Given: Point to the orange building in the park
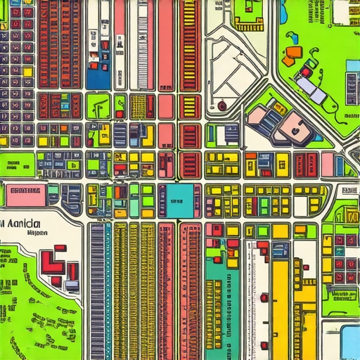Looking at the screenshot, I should (x=292, y=53).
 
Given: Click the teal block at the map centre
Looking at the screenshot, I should (x=179, y=200).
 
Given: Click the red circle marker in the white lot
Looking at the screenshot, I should (x=222, y=106).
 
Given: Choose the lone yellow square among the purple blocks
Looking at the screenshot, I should (x=28, y=72).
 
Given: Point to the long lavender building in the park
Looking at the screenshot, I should (x=311, y=89).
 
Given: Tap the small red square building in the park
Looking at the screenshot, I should (x=307, y=71).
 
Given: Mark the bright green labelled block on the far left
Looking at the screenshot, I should (x=17, y=166).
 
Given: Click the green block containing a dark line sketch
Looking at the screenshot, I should (x=98, y=106).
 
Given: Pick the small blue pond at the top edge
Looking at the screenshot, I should (x=283, y=12).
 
